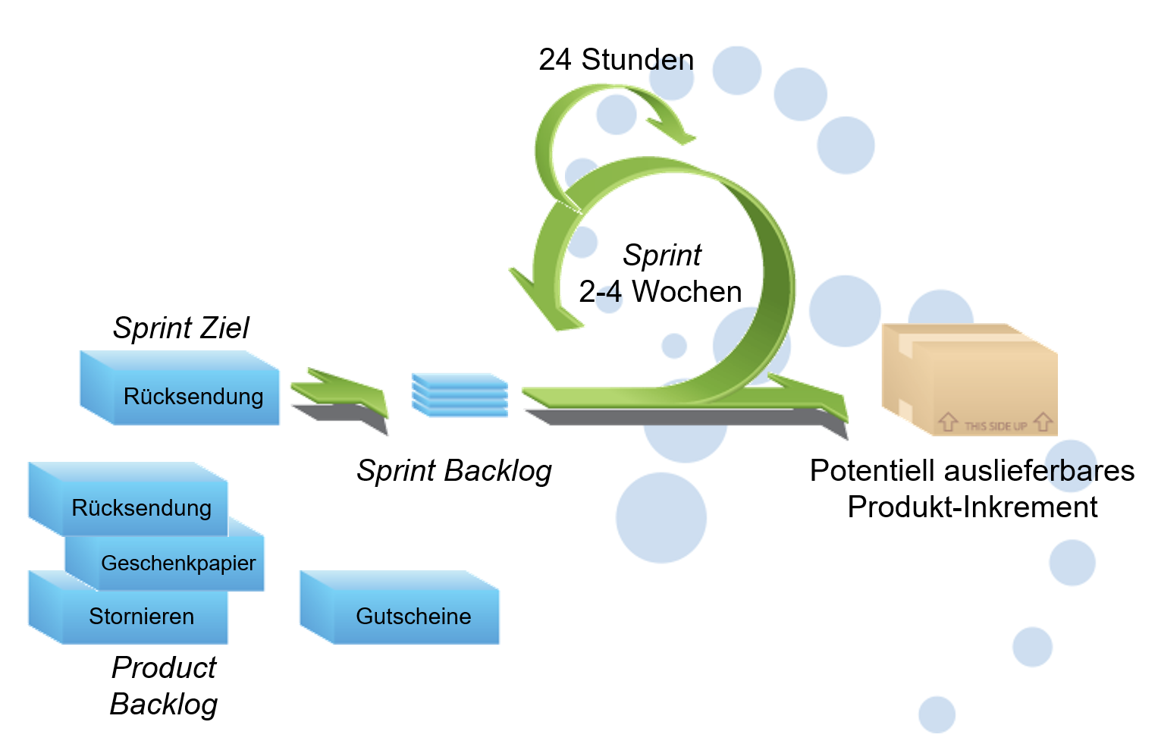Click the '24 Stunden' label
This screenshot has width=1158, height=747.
616,60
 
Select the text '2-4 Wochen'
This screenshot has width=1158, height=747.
660,292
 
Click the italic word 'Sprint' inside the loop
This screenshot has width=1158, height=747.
662,255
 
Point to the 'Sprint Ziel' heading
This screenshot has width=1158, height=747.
180,328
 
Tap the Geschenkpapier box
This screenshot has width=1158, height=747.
178,563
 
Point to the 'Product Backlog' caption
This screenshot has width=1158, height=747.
164,686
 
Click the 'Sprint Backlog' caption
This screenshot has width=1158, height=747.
454,470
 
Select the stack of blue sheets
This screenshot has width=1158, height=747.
460,395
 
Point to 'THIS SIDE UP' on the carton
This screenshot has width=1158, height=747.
995,425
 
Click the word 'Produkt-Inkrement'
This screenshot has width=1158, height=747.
972,507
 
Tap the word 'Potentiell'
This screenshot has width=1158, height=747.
872,470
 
